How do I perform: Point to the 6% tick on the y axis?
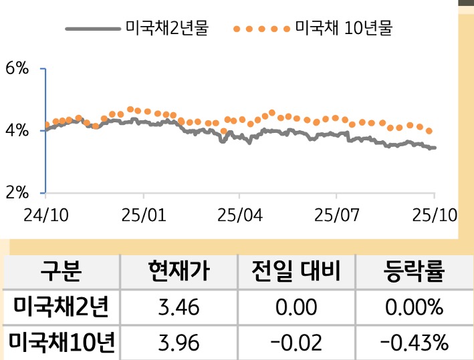point(17,68)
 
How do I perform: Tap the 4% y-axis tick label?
point(17,130)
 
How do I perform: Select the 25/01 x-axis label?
point(144,215)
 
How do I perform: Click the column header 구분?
point(61,272)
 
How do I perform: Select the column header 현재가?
point(179,272)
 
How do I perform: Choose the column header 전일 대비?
point(296,272)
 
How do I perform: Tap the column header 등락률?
point(414,272)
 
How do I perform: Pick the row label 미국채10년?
point(61,343)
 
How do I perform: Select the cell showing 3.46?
point(179,308)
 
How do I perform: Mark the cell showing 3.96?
point(179,343)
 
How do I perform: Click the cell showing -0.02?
point(296,343)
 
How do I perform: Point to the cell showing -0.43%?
point(414,343)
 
